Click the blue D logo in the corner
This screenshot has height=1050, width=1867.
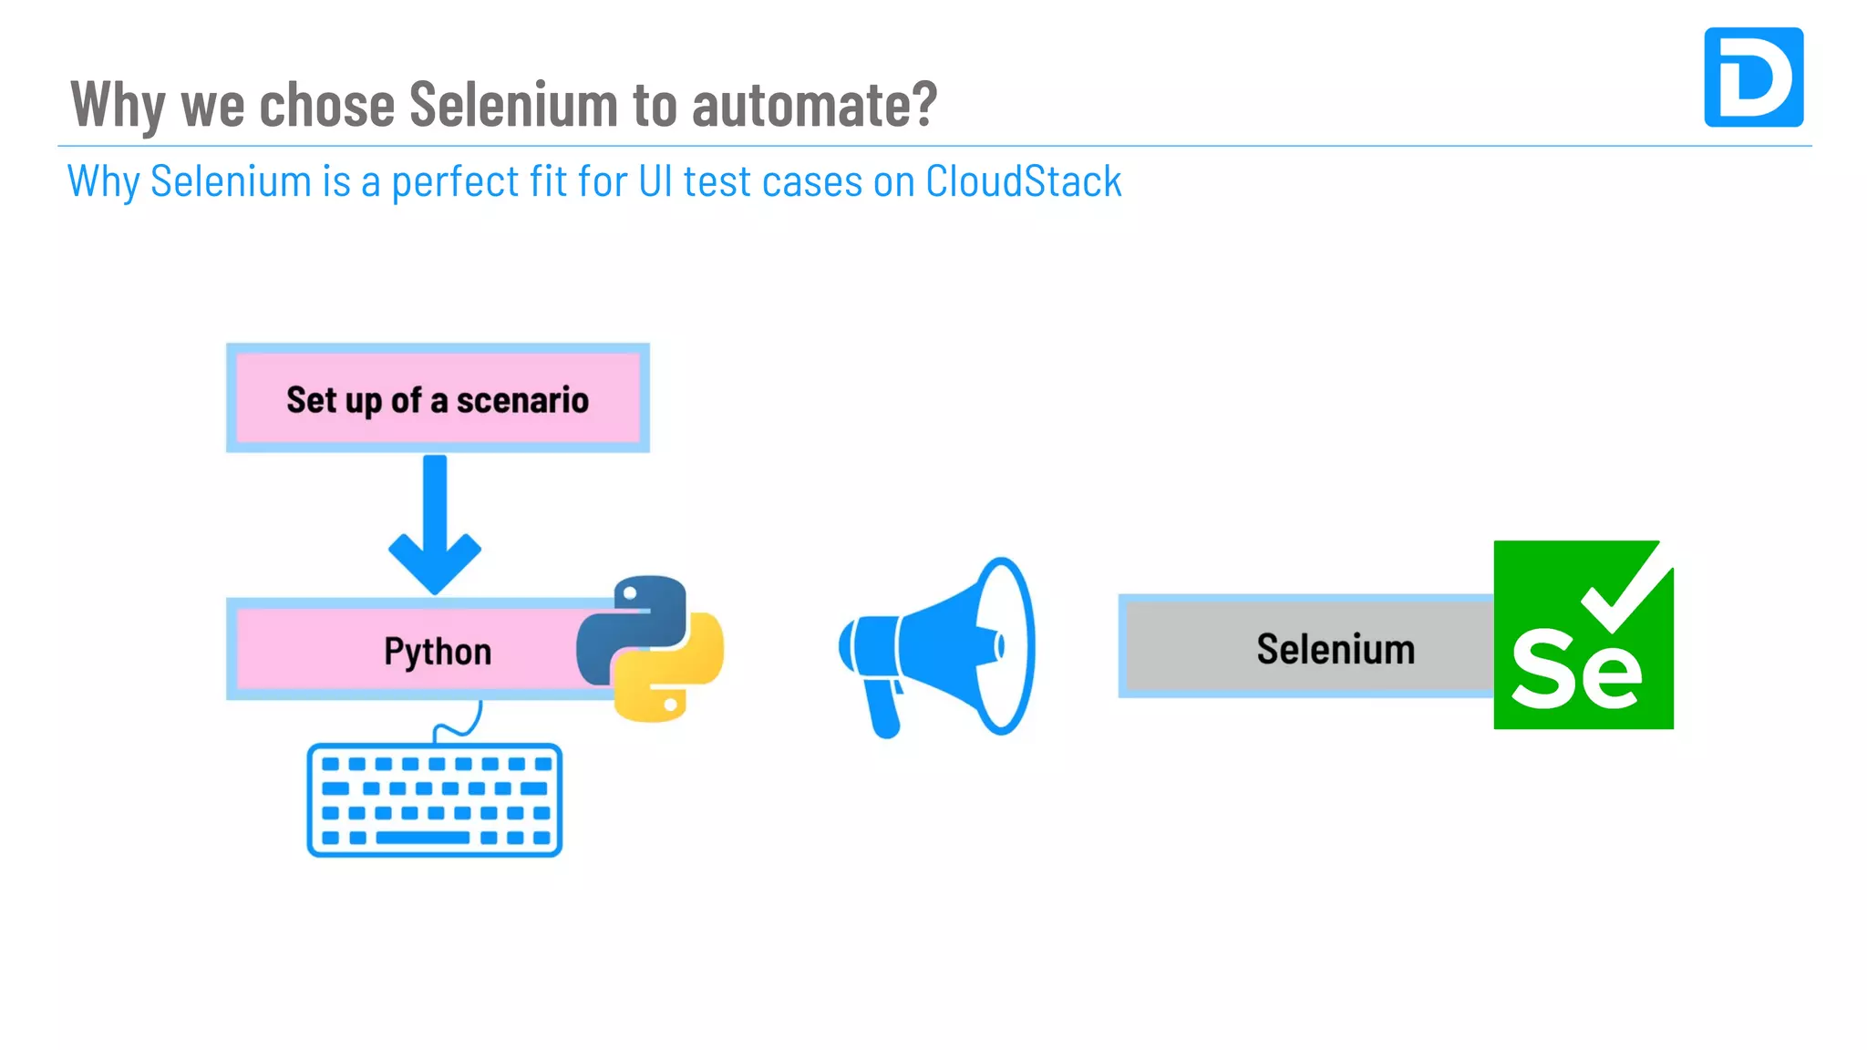click(1753, 77)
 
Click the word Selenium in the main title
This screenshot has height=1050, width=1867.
click(514, 104)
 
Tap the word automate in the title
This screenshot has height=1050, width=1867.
click(814, 104)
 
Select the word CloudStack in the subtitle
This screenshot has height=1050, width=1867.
click(1023, 180)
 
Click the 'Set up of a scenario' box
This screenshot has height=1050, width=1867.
click(438, 398)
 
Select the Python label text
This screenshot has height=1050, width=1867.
click(438, 652)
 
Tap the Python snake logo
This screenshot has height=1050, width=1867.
click(650, 648)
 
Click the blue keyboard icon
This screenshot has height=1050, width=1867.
click(434, 800)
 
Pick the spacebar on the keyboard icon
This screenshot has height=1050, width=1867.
click(422, 838)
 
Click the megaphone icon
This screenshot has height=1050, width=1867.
click(939, 646)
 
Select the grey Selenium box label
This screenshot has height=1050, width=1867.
click(1336, 649)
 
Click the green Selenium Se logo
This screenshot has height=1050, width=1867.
click(1583, 635)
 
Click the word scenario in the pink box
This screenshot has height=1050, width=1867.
click(522, 400)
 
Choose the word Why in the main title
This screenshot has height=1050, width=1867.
click(118, 104)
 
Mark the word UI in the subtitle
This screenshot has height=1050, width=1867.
click(655, 180)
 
